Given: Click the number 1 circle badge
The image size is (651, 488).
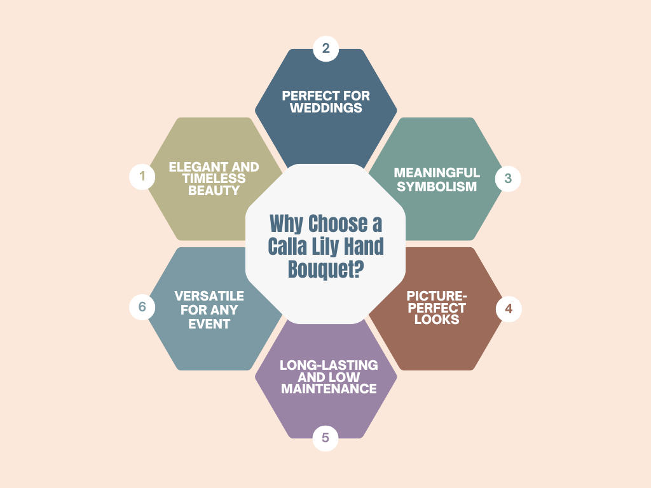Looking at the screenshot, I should (142, 177).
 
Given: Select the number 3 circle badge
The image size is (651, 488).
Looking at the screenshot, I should (508, 179).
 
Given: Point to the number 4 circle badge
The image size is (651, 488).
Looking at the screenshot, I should (509, 309).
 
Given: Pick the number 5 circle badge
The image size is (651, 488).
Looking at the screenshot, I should (325, 438).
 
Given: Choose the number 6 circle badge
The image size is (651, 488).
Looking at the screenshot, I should (142, 307).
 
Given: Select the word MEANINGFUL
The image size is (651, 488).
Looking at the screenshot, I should (437, 173).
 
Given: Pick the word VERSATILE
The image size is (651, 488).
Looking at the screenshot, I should (209, 297).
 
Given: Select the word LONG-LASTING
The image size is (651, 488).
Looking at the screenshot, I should (329, 365).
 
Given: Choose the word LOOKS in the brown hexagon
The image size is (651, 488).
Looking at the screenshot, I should (437, 320).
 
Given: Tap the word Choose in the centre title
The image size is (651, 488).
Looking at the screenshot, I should (338, 224).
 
